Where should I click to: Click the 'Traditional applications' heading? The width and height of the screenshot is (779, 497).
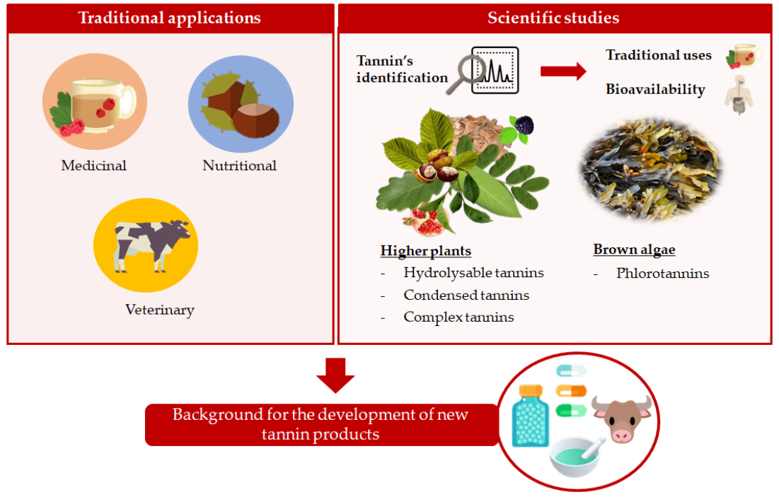pos(169,18)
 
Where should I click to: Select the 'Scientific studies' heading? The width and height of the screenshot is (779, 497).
pos(553,18)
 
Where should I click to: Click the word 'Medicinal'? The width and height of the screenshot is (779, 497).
pos(94,166)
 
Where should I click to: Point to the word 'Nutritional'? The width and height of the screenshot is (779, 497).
pos(239,166)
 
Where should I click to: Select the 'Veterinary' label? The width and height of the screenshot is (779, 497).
pos(159,310)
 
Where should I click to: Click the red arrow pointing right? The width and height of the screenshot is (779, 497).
pos(563,71)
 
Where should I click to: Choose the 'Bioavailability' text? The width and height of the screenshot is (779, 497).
pos(655,90)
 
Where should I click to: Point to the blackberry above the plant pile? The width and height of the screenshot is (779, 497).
pos(524,125)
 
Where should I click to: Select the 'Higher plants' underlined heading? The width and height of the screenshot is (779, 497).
pos(425,251)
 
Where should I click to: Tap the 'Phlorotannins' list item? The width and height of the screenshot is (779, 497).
pos(662,274)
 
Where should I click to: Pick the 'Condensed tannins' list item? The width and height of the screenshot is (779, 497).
pos(466,296)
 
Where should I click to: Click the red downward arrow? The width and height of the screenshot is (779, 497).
pos(335,375)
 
